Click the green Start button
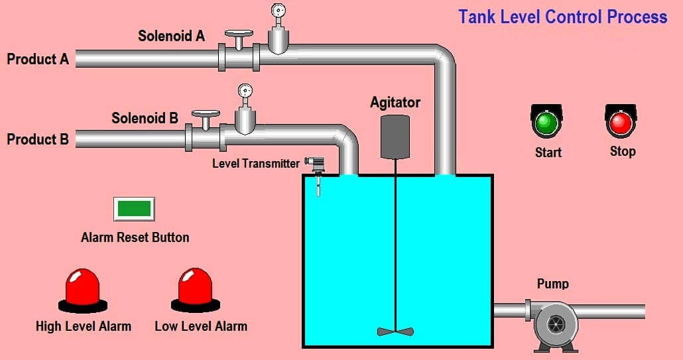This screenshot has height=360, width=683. (546, 123)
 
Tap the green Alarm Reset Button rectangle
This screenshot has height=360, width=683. (134, 208)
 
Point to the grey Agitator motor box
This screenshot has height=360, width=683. (395, 136)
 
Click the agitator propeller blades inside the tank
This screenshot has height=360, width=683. (395, 330)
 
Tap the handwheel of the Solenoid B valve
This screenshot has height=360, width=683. (206, 114)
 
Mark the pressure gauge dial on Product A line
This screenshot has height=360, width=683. (278, 11)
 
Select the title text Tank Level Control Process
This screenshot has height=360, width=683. (562, 17)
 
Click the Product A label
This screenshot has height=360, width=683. (38, 59)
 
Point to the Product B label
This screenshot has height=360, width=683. (38, 139)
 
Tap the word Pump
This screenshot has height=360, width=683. (552, 284)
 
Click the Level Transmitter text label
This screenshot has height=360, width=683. (256, 163)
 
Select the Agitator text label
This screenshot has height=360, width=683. (395, 103)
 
